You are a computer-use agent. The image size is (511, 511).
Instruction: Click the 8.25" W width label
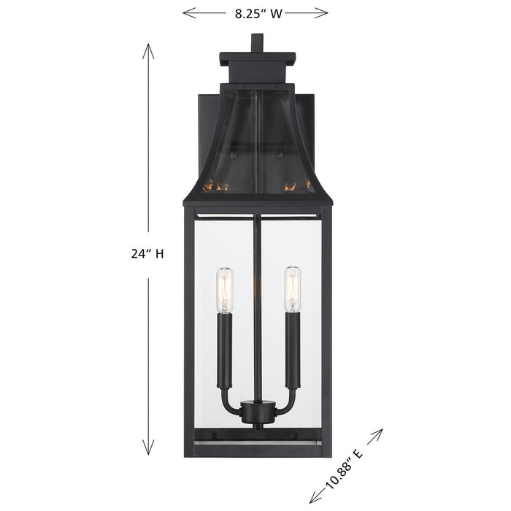255,12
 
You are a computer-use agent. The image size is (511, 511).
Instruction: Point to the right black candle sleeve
292,349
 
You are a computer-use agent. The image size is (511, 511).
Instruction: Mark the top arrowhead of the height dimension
147,50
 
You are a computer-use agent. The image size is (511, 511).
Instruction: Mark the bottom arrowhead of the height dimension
147,450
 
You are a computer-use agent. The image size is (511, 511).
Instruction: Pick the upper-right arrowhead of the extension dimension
379,434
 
